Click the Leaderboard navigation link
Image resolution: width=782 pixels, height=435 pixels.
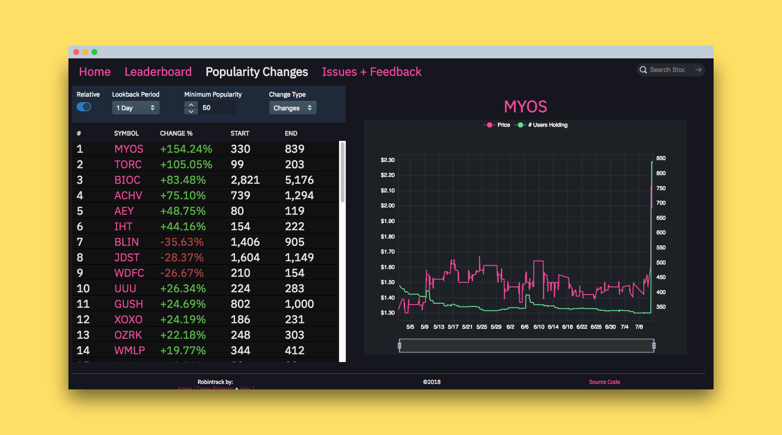158,72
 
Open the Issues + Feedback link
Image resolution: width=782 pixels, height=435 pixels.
371,72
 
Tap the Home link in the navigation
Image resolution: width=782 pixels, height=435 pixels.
95,72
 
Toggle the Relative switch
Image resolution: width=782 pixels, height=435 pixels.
84,107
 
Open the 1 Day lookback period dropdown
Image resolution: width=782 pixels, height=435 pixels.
136,108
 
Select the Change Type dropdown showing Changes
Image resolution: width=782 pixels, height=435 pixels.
292,108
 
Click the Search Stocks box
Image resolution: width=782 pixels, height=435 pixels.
667,70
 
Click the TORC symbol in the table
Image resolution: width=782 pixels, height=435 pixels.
128,164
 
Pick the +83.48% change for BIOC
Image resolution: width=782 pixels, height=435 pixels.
182,180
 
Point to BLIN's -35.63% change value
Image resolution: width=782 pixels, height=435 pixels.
182,242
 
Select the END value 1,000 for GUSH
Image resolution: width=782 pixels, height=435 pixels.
299,304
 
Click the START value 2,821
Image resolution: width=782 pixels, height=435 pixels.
245,180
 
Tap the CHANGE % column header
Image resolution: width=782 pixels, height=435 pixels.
176,133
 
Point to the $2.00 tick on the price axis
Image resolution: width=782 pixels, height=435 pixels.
387,206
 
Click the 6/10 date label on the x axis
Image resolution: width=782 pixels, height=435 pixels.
539,327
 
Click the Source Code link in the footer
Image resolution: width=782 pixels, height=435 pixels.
604,382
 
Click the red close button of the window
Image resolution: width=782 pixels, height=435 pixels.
76,52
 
